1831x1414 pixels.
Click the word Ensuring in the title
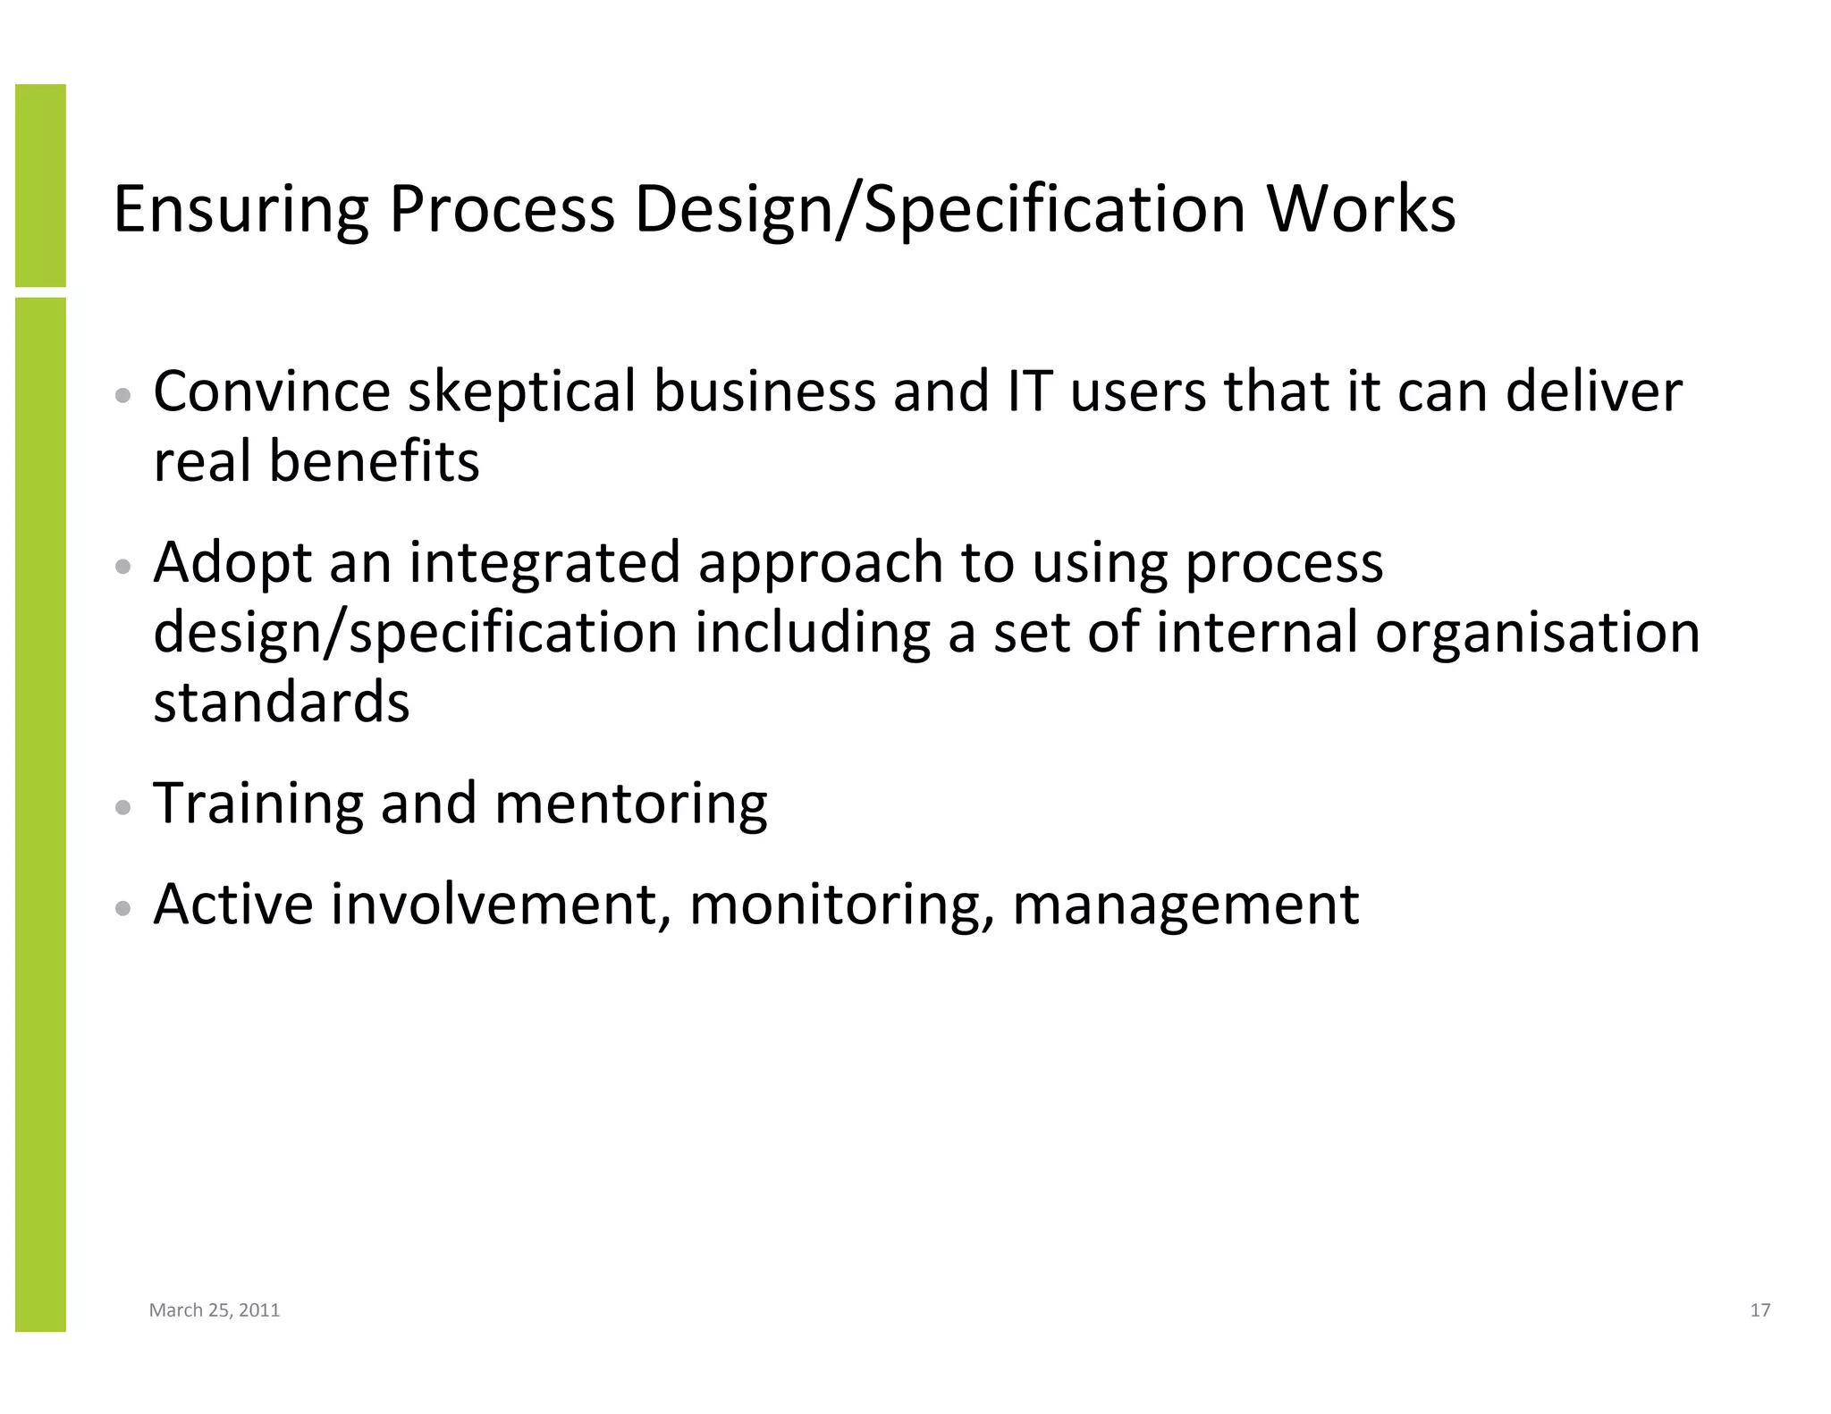click(240, 210)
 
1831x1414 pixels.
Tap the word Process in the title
click(502, 210)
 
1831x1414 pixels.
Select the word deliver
click(1593, 392)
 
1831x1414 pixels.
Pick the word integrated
click(545, 563)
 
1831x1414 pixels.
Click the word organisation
click(1537, 632)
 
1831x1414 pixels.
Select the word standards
click(282, 702)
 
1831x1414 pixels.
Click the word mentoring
click(630, 804)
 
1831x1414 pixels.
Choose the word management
click(1186, 905)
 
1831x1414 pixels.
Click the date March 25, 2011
click(215, 1310)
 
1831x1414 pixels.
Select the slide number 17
click(1759, 1310)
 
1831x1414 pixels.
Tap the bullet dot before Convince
click(124, 396)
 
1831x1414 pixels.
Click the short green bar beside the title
click(40, 185)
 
